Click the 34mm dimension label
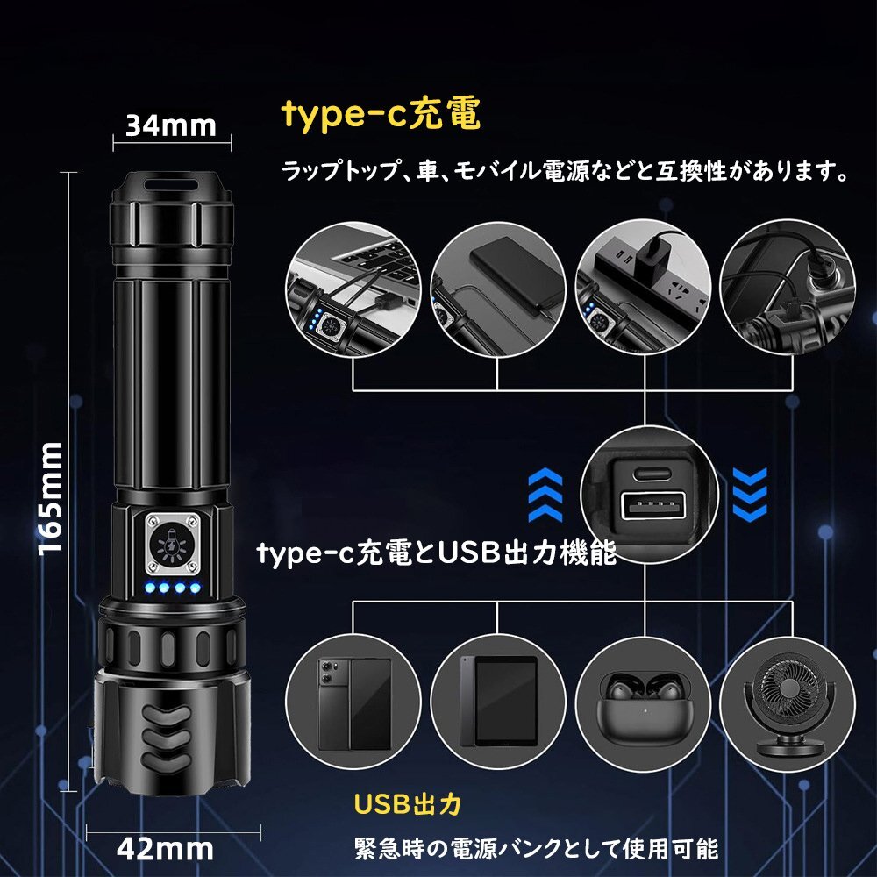click(x=170, y=125)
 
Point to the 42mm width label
click(x=165, y=848)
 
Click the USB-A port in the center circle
click(x=647, y=506)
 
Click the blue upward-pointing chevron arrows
click(x=544, y=496)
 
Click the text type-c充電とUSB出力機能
click(x=437, y=553)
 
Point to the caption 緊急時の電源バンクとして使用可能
click(x=536, y=849)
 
